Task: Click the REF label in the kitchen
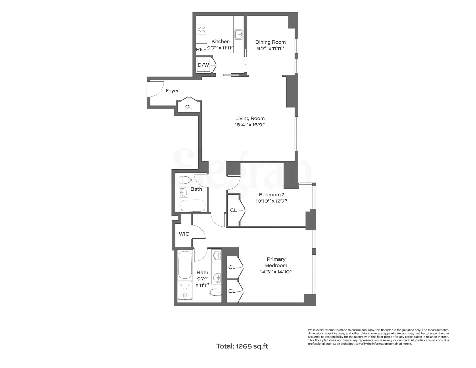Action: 201,49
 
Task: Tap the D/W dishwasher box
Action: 203,65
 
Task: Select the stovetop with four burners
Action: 201,29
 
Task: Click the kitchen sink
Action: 239,34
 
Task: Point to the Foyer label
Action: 172,91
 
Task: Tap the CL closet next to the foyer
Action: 189,107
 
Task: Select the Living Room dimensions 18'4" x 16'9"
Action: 249,125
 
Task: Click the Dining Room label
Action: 270,42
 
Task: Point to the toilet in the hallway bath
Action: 185,180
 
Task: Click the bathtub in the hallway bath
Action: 192,206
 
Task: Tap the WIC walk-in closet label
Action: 184,234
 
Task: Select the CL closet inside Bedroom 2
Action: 234,210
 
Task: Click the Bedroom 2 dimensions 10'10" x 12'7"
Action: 271,201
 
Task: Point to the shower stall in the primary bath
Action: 185,290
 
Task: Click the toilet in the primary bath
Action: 216,293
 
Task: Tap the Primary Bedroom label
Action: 276,262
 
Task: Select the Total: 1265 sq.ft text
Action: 242,346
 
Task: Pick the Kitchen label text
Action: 220,42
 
